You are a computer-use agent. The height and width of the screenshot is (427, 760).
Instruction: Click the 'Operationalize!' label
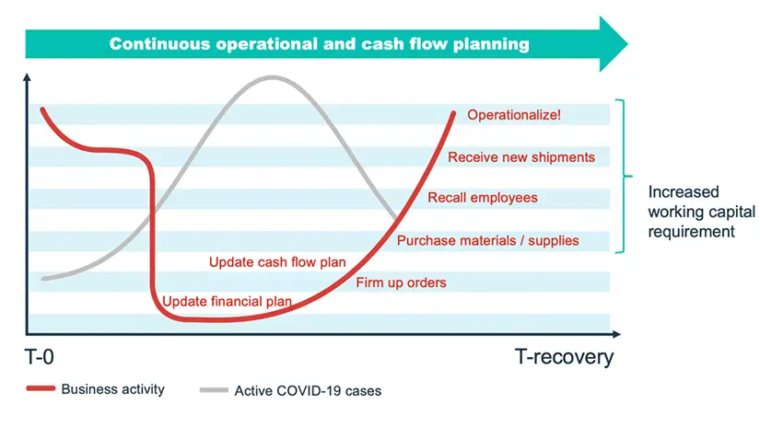pyautogui.click(x=514, y=115)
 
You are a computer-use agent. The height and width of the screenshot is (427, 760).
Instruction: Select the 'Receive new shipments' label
pyautogui.click(x=521, y=157)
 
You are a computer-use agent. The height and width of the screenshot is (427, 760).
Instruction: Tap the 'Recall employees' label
pyautogui.click(x=483, y=198)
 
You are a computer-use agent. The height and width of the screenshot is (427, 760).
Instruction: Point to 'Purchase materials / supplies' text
pyautogui.click(x=487, y=240)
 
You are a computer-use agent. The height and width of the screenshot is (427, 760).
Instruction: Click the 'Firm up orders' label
pyautogui.click(x=401, y=283)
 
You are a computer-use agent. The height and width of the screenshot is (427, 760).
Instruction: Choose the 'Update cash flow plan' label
pyautogui.click(x=277, y=262)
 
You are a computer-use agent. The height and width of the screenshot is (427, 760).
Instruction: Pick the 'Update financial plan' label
pyautogui.click(x=227, y=302)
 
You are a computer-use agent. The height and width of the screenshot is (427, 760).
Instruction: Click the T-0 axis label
pyautogui.click(x=40, y=357)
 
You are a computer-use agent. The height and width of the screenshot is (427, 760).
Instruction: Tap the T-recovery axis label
pyautogui.click(x=564, y=357)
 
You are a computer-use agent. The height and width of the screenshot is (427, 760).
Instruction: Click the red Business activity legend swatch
pyautogui.click(x=41, y=388)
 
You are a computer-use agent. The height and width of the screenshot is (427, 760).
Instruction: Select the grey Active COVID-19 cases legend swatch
pyautogui.click(x=214, y=389)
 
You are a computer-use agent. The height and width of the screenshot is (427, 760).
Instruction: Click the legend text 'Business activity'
pyautogui.click(x=113, y=389)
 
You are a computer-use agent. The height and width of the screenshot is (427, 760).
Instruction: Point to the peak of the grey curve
pyautogui.click(x=273, y=77)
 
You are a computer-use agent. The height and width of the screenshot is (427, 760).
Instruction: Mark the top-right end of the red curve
pyautogui.click(x=453, y=113)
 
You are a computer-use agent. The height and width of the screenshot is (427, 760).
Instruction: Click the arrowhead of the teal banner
pyautogui.click(x=614, y=44)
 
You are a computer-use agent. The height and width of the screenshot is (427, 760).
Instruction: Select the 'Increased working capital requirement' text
pyautogui.click(x=701, y=212)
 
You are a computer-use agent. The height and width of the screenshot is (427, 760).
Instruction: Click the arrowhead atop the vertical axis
pyautogui.click(x=27, y=77)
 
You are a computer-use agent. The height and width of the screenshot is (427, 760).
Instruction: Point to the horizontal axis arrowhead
pyautogui.click(x=616, y=334)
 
